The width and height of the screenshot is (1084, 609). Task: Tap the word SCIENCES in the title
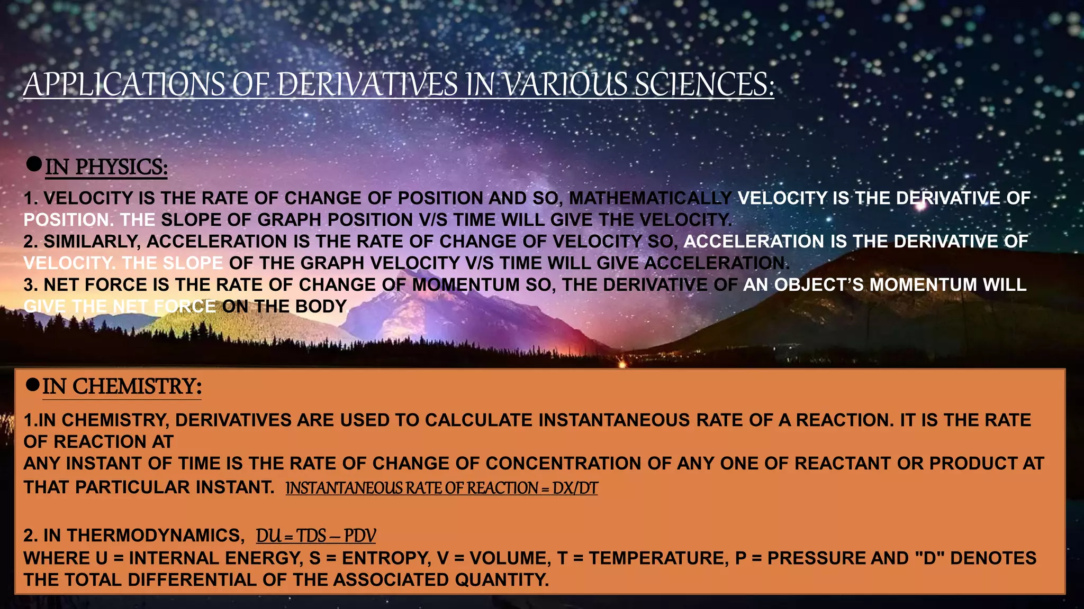click(x=704, y=85)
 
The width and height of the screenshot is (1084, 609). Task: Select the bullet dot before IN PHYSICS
click(x=34, y=164)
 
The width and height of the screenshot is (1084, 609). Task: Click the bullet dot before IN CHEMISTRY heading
click(x=32, y=385)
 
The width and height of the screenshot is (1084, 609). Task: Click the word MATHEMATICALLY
click(x=650, y=198)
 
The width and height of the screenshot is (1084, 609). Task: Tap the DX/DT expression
click(x=575, y=488)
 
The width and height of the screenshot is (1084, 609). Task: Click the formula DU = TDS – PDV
click(x=316, y=536)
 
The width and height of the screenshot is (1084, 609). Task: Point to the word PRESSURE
click(x=811, y=558)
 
